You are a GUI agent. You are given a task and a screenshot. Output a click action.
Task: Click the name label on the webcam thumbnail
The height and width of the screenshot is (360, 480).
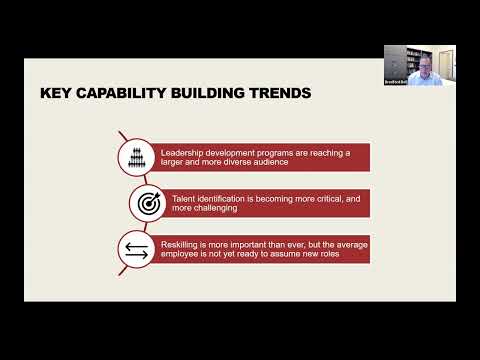tap(395, 80)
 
